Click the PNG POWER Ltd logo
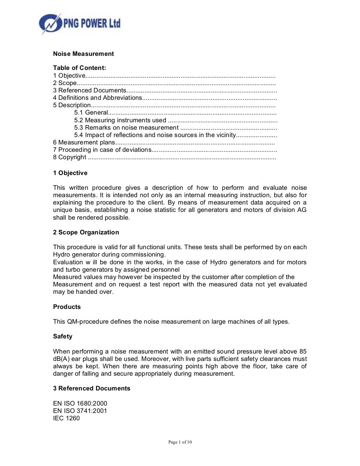(80, 24)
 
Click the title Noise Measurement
(83, 54)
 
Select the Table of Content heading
(79, 68)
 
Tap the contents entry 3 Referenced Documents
(90, 90)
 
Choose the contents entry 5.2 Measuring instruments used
(120, 120)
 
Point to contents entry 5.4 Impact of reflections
(155, 135)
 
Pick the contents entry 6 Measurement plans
(84, 142)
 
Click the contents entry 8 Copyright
(70, 157)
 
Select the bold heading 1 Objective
(70, 173)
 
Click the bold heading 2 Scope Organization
(86, 232)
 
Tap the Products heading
(67, 307)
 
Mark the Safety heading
(63, 336)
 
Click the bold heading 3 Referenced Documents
(92, 388)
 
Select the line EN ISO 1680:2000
(80, 403)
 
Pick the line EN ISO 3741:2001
(80, 411)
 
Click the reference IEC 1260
(66, 418)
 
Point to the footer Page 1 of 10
(180, 442)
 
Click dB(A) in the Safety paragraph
(61, 359)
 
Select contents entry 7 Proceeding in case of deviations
(102, 150)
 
